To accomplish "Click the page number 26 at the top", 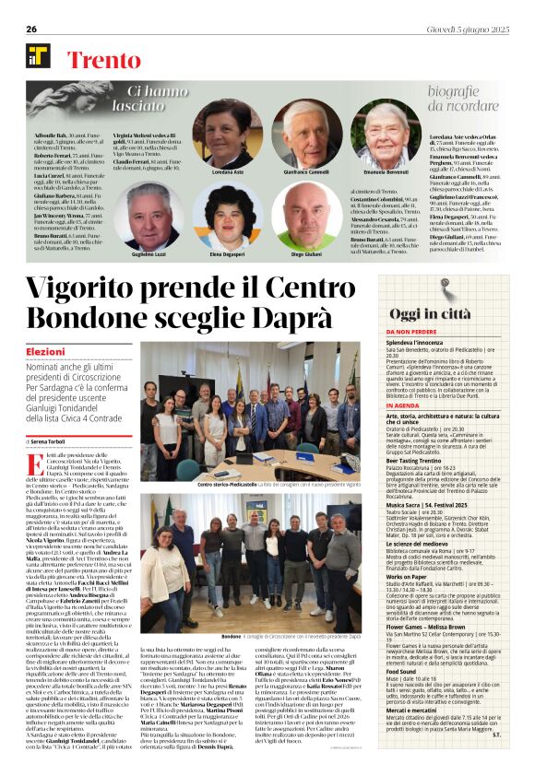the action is pyautogui.click(x=31, y=29).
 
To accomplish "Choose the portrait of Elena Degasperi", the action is pyautogui.click(x=227, y=216).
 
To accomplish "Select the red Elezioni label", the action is pyautogui.click(x=45, y=352).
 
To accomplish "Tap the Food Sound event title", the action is pyautogui.click(x=402, y=673).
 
